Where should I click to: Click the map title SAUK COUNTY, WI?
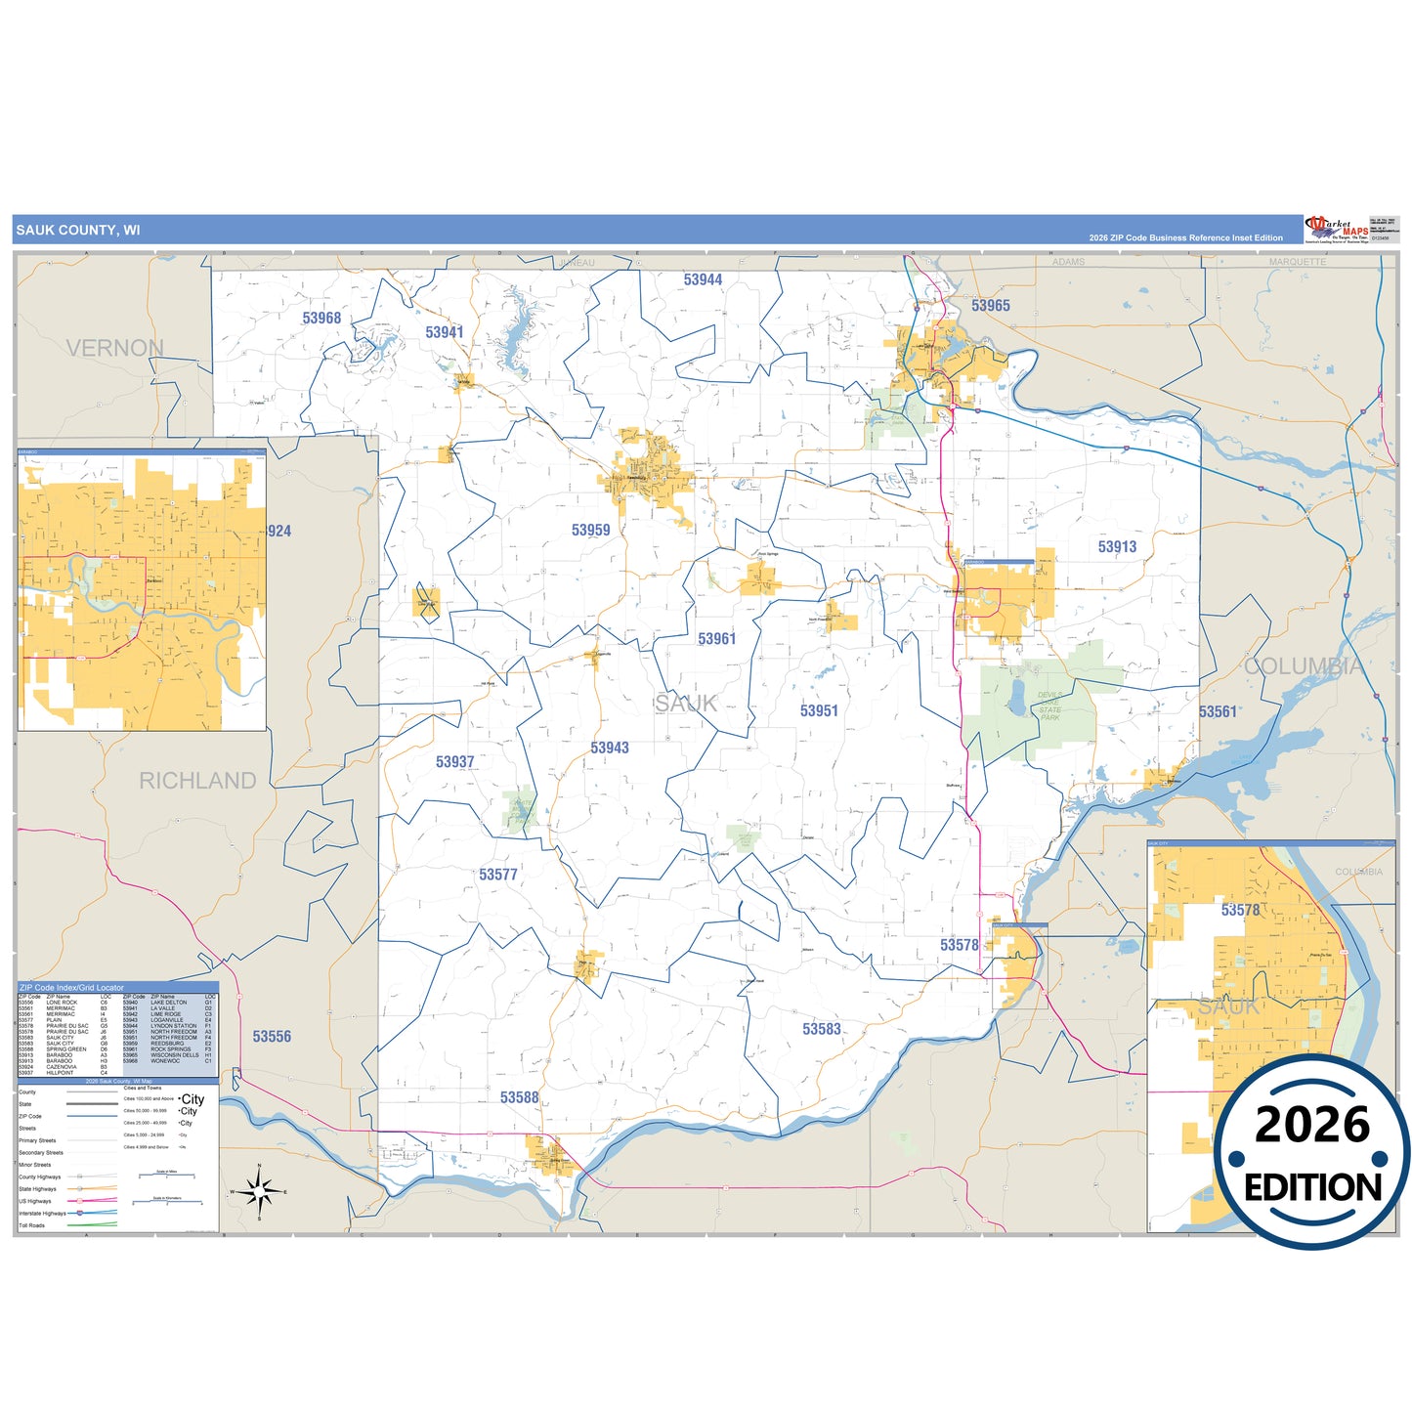click(78, 231)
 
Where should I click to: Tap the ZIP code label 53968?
click(321, 318)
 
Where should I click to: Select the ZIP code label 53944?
click(703, 279)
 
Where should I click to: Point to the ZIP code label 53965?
click(990, 306)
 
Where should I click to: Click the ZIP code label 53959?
click(590, 530)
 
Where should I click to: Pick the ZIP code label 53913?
click(1117, 547)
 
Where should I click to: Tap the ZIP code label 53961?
click(716, 639)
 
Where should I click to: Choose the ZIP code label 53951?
click(819, 711)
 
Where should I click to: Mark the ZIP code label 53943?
click(609, 748)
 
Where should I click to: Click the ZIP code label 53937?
click(454, 762)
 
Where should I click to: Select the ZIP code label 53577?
click(497, 875)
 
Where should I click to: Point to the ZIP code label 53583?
click(821, 1029)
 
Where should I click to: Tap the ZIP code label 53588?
click(519, 1097)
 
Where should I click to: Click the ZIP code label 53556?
click(272, 1037)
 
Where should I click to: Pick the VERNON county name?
click(115, 348)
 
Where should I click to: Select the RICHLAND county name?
click(197, 781)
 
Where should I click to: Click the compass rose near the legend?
click(259, 1191)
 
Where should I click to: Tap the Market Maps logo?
click(1337, 230)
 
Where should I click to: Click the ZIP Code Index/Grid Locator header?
click(72, 988)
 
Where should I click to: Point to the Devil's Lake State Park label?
click(1049, 706)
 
